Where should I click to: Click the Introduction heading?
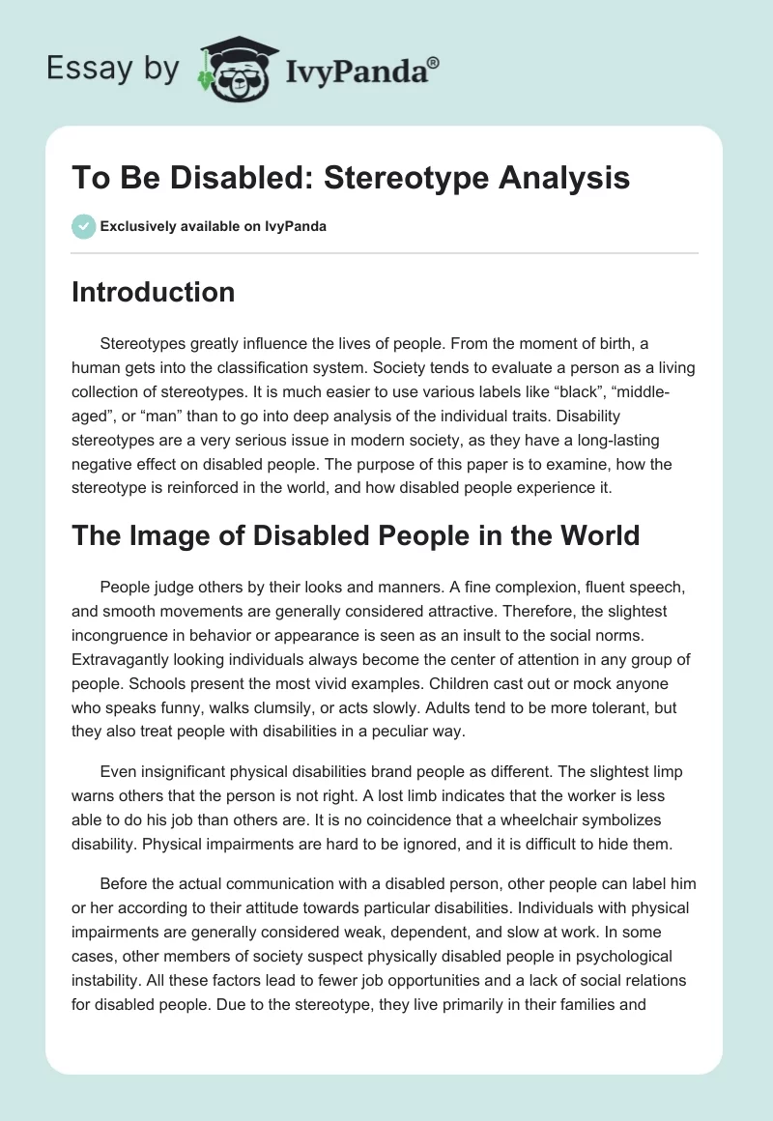pos(153,292)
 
